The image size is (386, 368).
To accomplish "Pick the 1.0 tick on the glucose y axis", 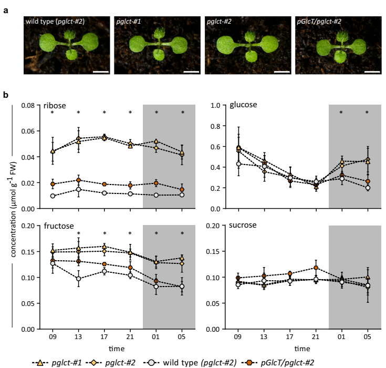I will [215, 105].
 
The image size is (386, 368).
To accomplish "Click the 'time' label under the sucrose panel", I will [302, 349].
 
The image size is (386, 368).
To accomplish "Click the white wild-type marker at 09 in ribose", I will [53, 196].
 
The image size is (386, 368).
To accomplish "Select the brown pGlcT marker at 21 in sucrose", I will [316, 268].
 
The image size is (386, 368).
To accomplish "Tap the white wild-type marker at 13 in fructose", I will [78, 279].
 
